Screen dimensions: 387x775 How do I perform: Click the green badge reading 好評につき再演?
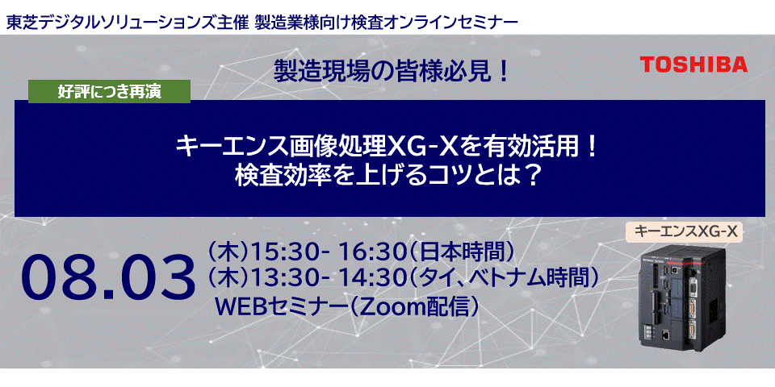(x=110, y=92)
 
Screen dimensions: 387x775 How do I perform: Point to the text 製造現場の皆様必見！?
(x=393, y=73)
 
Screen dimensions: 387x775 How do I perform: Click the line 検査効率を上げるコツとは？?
(x=387, y=174)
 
